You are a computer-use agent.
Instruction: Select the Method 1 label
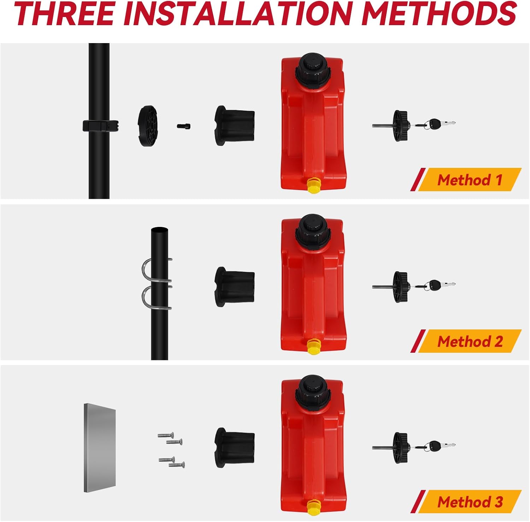[x=470, y=180]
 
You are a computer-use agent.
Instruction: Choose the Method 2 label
[x=470, y=341]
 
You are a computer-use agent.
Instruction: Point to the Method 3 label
[x=470, y=502]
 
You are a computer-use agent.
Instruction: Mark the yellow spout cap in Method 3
[x=313, y=508]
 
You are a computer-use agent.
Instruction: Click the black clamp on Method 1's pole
[x=100, y=125]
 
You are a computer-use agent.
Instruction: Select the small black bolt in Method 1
[x=184, y=125]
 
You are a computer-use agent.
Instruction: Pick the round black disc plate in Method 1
[x=148, y=125]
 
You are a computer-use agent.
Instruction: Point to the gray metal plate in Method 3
[x=100, y=448]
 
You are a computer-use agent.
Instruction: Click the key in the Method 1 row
[x=440, y=124]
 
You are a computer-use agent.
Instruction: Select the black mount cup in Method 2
[x=235, y=287]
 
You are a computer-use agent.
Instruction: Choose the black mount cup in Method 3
[x=235, y=447]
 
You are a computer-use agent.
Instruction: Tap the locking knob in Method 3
[x=401, y=447]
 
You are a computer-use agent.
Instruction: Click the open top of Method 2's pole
[x=159, y=230]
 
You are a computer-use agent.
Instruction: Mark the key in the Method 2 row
[x=440, y=285]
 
